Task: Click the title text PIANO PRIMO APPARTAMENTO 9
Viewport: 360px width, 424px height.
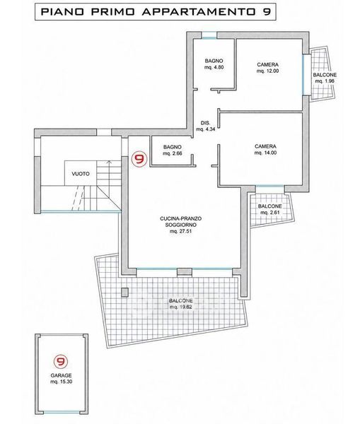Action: pyautogui.click(x=156, y=11)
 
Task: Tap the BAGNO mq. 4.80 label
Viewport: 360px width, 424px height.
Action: pyautogui.click(x=214, y=64)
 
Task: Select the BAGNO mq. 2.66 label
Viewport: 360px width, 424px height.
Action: pyautogui.click(x=173, y=150)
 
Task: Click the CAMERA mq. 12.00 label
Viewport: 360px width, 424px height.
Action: pyautogui.click(x=267, y=68)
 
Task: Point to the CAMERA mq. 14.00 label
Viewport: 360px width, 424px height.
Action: pyautogui.click(x=265, y=150)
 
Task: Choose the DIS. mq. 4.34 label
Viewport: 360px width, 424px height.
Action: pyautogui.click(x=205, y=126)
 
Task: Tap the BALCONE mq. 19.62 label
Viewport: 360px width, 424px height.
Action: pyautogui.click(x=181, y=304)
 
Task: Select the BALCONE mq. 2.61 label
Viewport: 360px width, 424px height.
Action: pyautogui.click(x=270, y=209)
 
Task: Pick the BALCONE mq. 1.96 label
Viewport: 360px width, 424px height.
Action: pyautogui.click(x=325, y=78)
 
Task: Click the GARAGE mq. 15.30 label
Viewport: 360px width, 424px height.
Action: pyautogui.click(x=61, y=379)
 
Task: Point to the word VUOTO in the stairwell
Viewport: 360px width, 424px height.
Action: pyautogui.click(x=81, y=174)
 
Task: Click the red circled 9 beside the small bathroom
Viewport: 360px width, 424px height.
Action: pyautogui.click(x=139, y=159)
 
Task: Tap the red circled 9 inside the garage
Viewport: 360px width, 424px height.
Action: pyautogui.click(x=61, y=362)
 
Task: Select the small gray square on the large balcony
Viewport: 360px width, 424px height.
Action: pyautogui.click(x=124, y=293)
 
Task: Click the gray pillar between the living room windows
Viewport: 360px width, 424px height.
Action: pyautogui.click(x=185, y=272)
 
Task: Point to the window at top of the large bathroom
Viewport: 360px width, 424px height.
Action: pyautogui.click(x=209, y=35)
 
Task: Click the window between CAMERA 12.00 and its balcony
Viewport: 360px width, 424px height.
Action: pyautogui.click(x=306, y=74)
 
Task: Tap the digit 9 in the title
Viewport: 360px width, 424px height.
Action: pyautogui.click(x=267, y=11)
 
